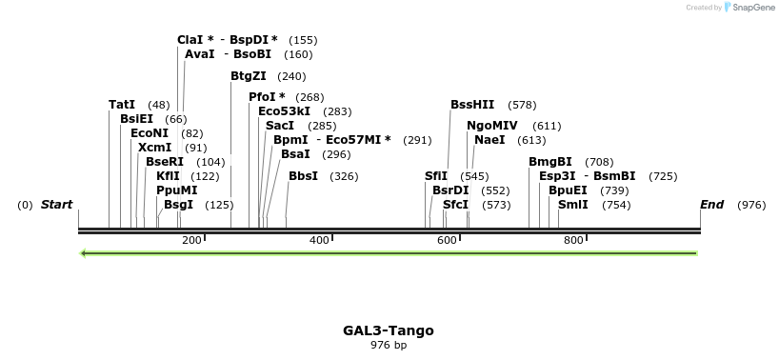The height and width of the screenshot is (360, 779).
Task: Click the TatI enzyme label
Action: tap(122, 105)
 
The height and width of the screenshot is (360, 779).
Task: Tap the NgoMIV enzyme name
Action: tap(492, 126)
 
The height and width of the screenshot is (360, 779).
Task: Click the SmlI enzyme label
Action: tap(572, 205)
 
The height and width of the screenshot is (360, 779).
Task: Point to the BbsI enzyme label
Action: tap(304, 176)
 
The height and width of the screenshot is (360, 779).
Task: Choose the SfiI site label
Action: tap(436, 176)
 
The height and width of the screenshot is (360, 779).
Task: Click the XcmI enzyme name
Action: tap(154, 148)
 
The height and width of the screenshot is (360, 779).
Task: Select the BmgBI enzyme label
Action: tap(550, 162)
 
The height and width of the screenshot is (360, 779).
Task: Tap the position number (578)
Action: tap(522, 105)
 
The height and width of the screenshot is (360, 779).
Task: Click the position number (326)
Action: tap(344, 176)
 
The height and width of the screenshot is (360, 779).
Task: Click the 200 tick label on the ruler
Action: tap(191, 240)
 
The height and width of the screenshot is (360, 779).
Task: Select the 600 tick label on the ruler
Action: tap(447, 240)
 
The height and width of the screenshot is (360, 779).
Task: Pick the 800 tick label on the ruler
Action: tap(573, 240)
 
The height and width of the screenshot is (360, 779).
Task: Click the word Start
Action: tap(56, 205)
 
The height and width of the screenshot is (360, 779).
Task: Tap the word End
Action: tap(711, 205)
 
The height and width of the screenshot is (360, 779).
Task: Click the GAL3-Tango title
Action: tap(389, 330)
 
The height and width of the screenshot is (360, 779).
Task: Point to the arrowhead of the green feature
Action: tap(85, 253)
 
